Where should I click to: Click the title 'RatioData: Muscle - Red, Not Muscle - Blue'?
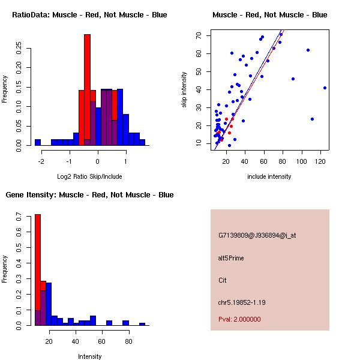[x=89, y=14]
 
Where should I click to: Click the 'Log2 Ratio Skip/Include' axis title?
[x=89, y=176]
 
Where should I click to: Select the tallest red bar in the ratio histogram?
[x=87, y=90]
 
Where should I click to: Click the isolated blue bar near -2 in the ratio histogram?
[x=37, y=142]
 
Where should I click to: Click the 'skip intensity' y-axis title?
[x=185, y=90]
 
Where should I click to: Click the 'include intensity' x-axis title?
[x=269, y=176]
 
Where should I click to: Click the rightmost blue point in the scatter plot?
[x=325, y=88]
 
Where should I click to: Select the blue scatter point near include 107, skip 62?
[x=308, y=50]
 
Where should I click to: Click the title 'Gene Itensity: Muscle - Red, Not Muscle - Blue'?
[x=89, y=194]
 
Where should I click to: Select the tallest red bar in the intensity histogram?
[x=37, y=270]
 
